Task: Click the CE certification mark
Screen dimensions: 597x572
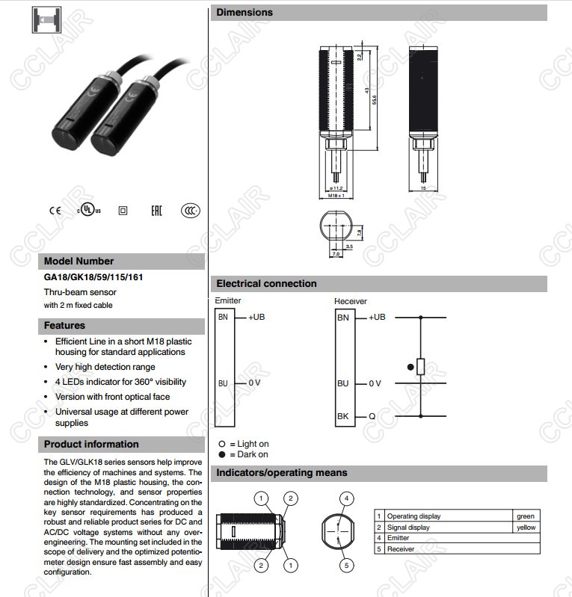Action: pyautogui.click(x=55, y=210)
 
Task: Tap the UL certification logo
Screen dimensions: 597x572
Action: pyautogui.click(x=88, y=210)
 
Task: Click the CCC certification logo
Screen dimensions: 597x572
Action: pyautogui.click(x=191, y=211)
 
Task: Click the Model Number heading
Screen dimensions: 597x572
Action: pyautogui.click(x=79, y=262)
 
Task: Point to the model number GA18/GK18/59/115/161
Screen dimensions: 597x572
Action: pyautogui.click(x=93, y=278)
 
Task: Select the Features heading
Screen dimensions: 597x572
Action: pyautogui.click(x=65, y=326)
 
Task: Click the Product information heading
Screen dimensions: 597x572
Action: pyautogui.click(x=91, y=445)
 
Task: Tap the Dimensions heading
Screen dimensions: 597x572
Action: pyautogui.click(x=245, y=12)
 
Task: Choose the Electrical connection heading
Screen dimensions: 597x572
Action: pyautogui.click(x=266, y=284)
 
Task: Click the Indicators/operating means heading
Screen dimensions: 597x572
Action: pyautogui.click(x=281, y=473)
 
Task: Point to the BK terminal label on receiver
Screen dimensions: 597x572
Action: pyautogui.click(x=343, y=415)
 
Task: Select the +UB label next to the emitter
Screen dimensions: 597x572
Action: pyautogui.click(x=256, y=317)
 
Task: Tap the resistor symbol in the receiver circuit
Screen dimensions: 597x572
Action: pyautogui.click(x=421, y=366)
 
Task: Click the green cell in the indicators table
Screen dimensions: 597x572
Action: pyautogui.click(x=526, y=516)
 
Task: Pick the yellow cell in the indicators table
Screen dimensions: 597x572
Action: pyautogui.click(x=526, y=528)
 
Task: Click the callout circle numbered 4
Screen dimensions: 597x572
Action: pyautogui.click(x=346, y=498)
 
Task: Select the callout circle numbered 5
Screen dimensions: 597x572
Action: pyautogui.click(x=346, y=566)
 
